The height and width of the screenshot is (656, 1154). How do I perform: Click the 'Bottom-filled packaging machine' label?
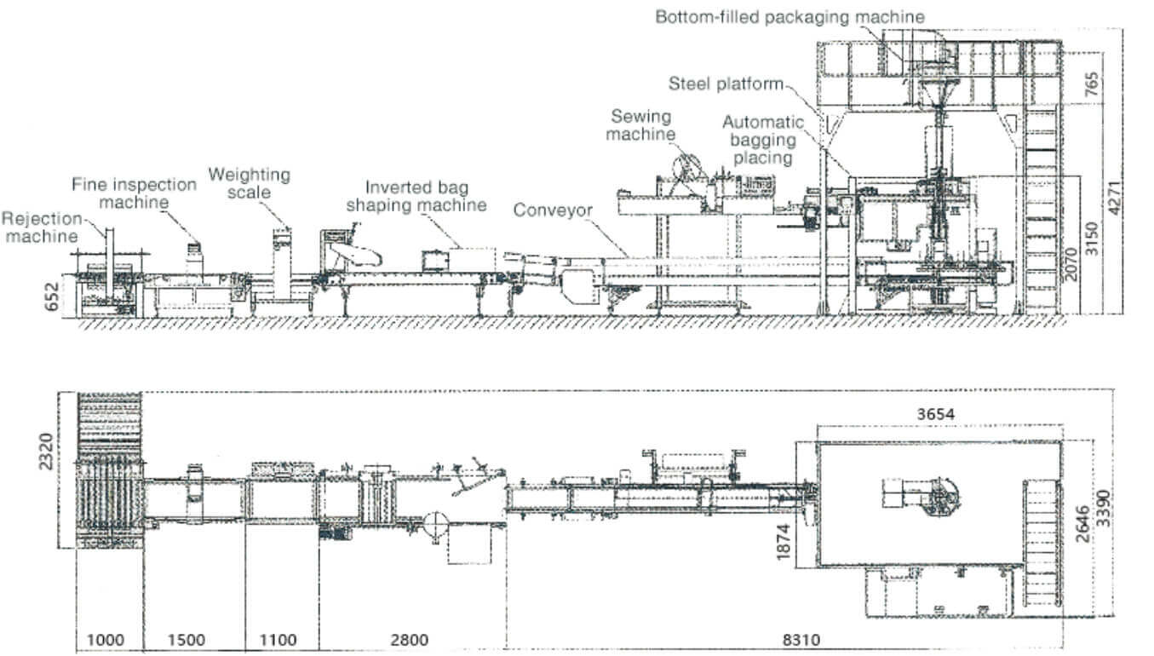tap(789, 17)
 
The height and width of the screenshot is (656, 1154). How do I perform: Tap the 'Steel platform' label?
tap(726, 83)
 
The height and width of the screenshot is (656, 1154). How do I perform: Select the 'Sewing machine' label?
tap(640, 125)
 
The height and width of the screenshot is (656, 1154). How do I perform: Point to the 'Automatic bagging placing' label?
tap(763, 140)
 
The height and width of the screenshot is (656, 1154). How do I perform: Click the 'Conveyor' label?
tap(553, 210)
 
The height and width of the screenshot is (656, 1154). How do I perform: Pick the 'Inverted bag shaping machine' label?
tap(416, 196)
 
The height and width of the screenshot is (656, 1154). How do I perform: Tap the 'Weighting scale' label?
tap(250, 183)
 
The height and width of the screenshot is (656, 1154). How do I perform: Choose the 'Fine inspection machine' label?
tap(134, 193)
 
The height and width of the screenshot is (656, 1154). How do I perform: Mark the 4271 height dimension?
tap(1114, 198)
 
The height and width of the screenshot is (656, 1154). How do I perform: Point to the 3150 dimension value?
tap(1092, 238)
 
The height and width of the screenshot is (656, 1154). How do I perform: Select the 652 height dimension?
tap(52, 297)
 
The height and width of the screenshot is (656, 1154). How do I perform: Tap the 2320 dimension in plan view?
tap(46, 452)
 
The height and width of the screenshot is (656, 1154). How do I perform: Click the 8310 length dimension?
tap(801, 640)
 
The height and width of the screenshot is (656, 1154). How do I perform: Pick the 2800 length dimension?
tap(410, 640)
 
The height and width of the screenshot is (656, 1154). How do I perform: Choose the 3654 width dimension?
tap(936, 414)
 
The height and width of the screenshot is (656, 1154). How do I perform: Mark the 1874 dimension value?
tap(783, 542)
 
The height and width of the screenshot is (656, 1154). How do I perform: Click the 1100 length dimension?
tap(278, 640)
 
